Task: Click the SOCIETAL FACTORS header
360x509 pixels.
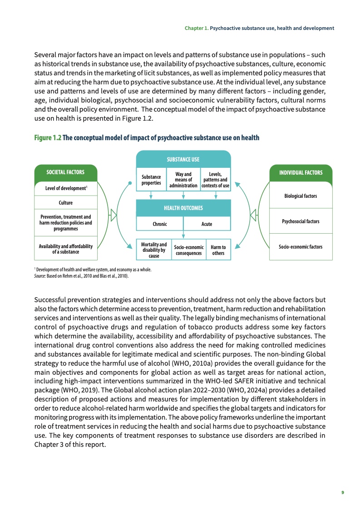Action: [x=66, y=172]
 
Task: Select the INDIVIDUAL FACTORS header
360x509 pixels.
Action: [x=301, y=172]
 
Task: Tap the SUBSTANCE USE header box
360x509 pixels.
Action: [x=183, y=159]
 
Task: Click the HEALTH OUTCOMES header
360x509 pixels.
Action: [x=183, y=208]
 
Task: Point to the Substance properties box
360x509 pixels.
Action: [x=151, y=180]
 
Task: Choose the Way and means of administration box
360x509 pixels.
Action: [x=183, y=180]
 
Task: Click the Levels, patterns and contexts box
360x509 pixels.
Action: [x=215, y=180]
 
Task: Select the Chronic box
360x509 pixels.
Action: [x=160, y=224]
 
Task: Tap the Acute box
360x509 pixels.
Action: [x=207, y=224]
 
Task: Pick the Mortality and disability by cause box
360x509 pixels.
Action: [x=154, y=250]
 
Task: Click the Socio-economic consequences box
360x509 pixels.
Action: [x=188, y=250]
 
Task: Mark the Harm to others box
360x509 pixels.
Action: [x=218, y=250]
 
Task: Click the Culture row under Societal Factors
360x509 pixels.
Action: [x=66, y=203]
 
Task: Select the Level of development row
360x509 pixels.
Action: [x=66, y=188]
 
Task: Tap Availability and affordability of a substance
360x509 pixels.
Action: [x=66, y=249]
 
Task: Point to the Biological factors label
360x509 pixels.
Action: [x=301, y=196]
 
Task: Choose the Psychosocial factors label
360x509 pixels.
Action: [x=301, y=221]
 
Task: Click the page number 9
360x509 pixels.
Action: [x=343, y=492]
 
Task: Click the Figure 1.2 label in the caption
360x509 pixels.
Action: [x=47, y=138]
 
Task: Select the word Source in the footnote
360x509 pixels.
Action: [x=40, y=275]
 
